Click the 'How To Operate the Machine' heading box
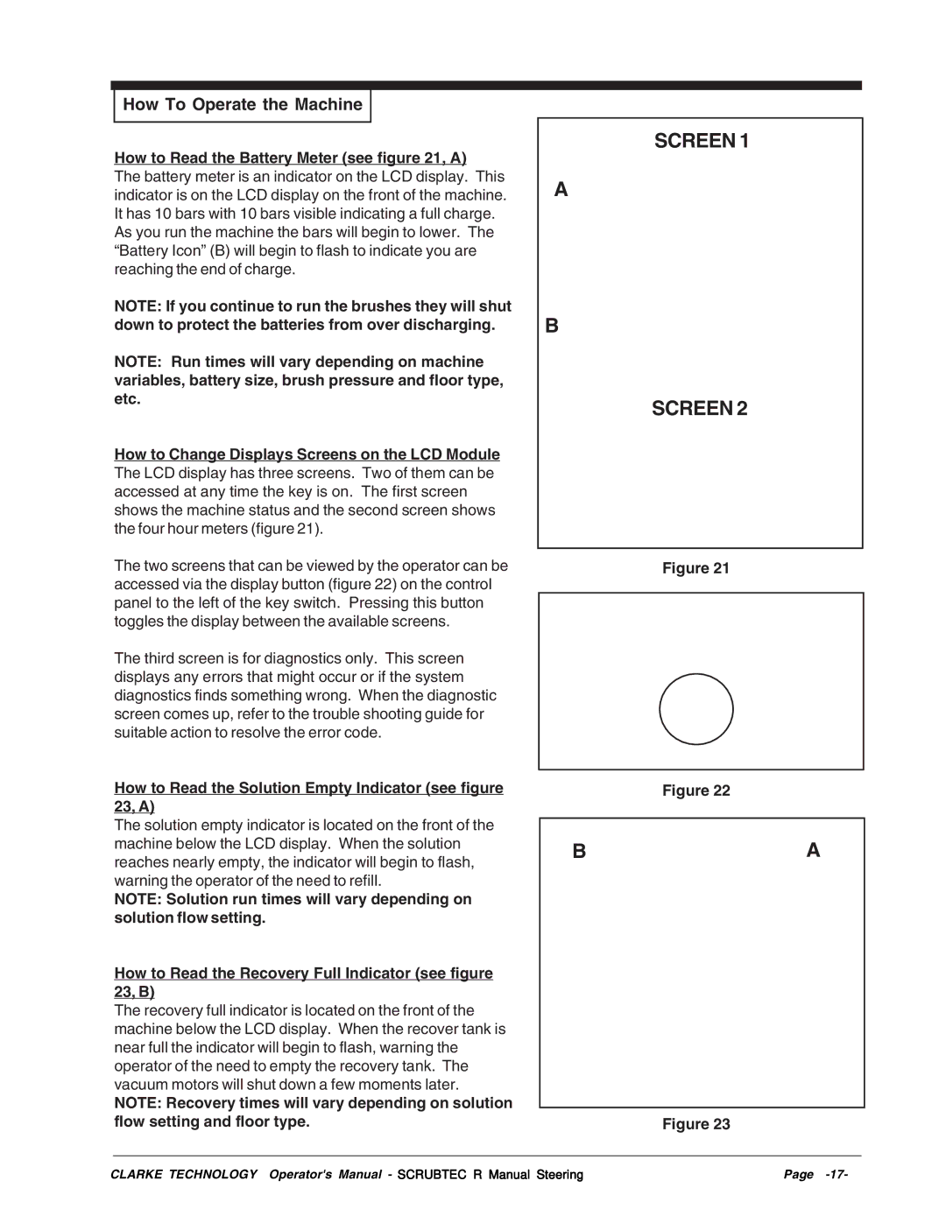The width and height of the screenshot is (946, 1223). pyautogui.click(x=243, y=105)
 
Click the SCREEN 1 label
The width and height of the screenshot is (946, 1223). pyautogui.click(x=701, y=141)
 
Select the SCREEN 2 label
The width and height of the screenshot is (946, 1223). pyautogui.click(x=699, y=409)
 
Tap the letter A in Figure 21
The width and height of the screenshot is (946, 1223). pyautogui.click(x=561, y=190)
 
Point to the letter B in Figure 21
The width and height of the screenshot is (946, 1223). pyautogui.click(x=552, y=326)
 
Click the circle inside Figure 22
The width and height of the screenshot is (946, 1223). pyautogui.click(x=696, y=709)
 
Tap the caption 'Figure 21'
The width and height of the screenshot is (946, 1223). pyautogui.click(x=695, y=568)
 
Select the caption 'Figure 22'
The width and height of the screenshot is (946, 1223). pyautogui.click(x=695, y=791)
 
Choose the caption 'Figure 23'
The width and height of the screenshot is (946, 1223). pyautogui.click(x=695, y=1124)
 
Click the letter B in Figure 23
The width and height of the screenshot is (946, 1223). pyautogui.click(x=579, y=852)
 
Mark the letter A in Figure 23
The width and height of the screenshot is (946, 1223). pyautogui.click(x=814, y=850)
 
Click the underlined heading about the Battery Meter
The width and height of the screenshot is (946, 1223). pyautogui.click(x=290, y=158)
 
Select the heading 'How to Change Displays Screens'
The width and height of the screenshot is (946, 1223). pyautogui.click(x=307, y=454)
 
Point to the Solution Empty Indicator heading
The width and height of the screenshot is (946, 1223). pyautogui.click(x=308, y=789)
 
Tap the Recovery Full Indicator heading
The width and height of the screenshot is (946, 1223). pyautogui.click(x=303, y=973)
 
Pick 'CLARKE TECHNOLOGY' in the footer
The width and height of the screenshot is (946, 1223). pyautogui.click(x=184, y=1175)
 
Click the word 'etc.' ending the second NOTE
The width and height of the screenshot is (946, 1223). pyautogui.click(x=127, y=399)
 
